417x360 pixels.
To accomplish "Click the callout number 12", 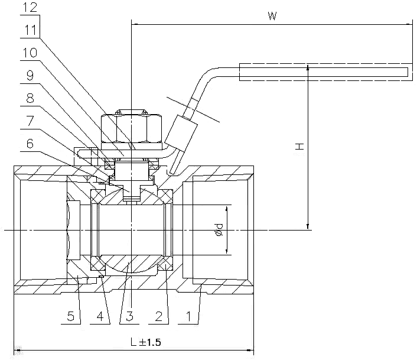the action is coord(30,7).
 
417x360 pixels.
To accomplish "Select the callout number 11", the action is coord(30,30).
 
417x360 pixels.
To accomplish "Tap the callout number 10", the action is coord(30,53).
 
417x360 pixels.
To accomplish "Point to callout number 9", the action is coord(30,76).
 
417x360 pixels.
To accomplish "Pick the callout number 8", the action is coord(30,99).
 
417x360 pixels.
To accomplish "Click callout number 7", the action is coord(30,121).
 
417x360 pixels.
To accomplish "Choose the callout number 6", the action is coord(30,144).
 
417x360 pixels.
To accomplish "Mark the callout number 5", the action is coord(70,316).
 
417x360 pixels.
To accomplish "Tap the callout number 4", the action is coord(100,316).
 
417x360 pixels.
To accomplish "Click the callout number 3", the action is coord(129,316).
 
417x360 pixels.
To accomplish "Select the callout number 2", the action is coord(159,316).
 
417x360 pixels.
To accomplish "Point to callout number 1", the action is coord(188,316).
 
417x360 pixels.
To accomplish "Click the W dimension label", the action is coord(272,16).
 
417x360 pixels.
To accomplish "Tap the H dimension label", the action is coord(299,147).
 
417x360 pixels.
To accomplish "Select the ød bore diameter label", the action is coord(219,230).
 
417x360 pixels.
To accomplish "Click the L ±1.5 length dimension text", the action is coord(146,342).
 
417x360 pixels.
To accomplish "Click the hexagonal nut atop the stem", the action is coord(131,128).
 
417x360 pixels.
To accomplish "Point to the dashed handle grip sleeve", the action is coord(326,72).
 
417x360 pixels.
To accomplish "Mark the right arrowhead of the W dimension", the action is coord(408,24).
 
